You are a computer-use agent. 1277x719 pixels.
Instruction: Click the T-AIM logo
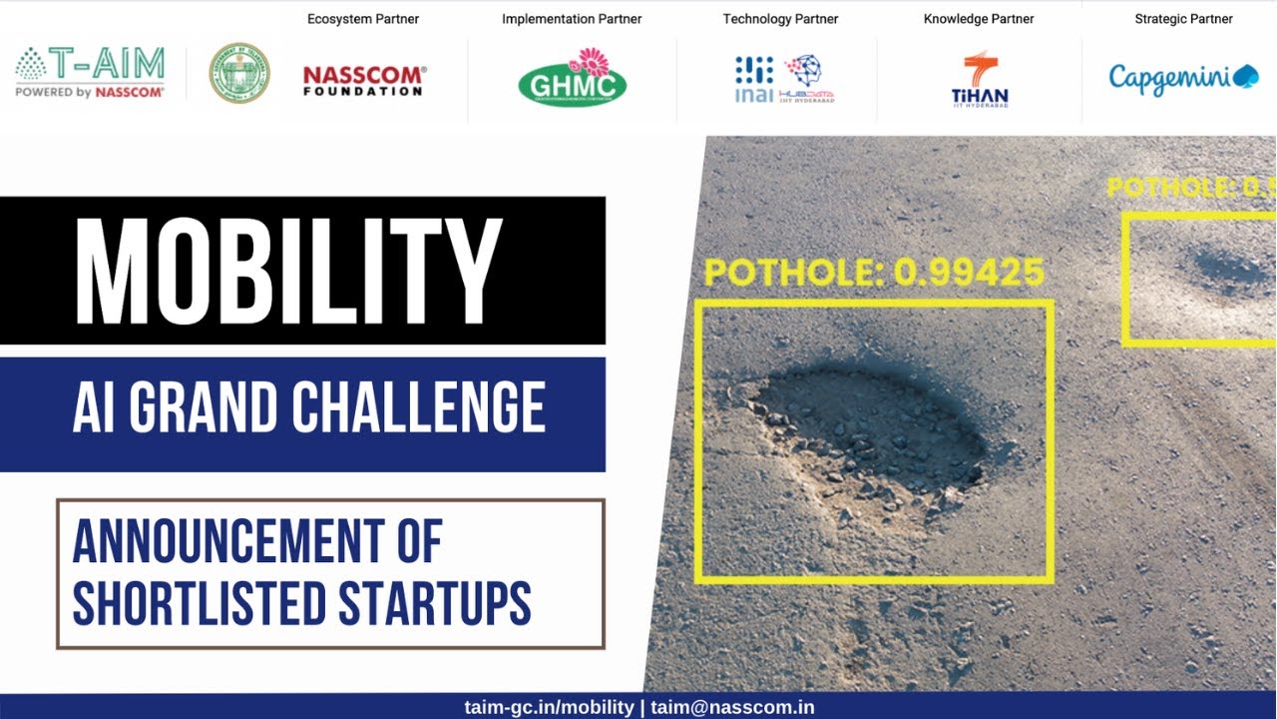[x=90, y=72]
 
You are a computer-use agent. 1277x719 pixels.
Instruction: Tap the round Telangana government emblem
[x=239, y=73]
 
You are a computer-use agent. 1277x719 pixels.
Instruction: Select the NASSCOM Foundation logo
[x=364, y=81]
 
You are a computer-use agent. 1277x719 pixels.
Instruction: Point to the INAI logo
[x=754, y=80]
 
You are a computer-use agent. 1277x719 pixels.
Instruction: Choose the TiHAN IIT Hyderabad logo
[x=980, y=80]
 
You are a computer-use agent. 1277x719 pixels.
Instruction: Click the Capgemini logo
[x=1183, y=78]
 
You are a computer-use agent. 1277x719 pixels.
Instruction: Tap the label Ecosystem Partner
[x=363, y=19]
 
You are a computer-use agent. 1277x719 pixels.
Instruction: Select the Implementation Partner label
[x=572, y=19]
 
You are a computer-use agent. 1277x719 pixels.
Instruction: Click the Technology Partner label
[x=780, y=19]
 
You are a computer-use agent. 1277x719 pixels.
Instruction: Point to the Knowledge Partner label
[x=979, y=19]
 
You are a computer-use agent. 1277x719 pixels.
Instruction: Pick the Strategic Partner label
[x=1183, y=19]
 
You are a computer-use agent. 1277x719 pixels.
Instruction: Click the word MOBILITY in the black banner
[x=288, y=271]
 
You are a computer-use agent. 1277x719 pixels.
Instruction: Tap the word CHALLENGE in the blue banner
[x=419, y=408]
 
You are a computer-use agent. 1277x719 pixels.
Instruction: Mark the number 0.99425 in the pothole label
[x=969, y=272]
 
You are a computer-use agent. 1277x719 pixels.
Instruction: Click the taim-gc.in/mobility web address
[x=549, y=707]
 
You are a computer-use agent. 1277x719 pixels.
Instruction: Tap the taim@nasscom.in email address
[x=732, y=707]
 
